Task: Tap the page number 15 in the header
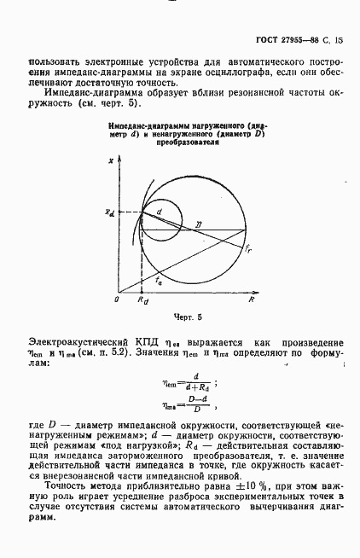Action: point(339,41)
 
